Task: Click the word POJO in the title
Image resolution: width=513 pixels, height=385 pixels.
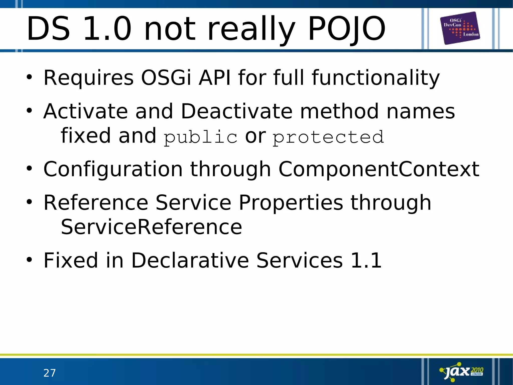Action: (x=347, y=29)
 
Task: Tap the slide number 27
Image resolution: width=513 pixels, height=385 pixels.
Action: (x=49, y=373)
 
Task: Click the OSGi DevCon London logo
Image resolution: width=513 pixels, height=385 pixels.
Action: (x=460, y=28)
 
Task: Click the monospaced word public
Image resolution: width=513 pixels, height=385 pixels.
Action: (x=200, y=137)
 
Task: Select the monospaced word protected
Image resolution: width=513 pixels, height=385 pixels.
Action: (x=328, y=137)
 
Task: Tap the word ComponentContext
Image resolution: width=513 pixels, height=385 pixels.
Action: (x=379, y=169)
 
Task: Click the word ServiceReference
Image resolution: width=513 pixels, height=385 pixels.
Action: (x=151, y=227)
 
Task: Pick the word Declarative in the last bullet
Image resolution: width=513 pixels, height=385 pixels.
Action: (x=190, y=260)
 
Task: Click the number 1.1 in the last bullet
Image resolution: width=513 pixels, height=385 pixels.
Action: (x=366, y=260)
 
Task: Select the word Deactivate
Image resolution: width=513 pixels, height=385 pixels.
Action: (x=236, y=111)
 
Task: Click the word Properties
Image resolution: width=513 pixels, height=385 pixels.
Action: (x=291, y=202)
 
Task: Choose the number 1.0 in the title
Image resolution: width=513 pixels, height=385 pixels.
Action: (x=107, y=29)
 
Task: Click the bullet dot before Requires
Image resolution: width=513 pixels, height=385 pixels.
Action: (x=29, y=78)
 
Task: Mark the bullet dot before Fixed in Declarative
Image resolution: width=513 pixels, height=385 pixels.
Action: (x=29, y=260)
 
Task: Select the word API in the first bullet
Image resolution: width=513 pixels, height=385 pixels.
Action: (x=214, y=78)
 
